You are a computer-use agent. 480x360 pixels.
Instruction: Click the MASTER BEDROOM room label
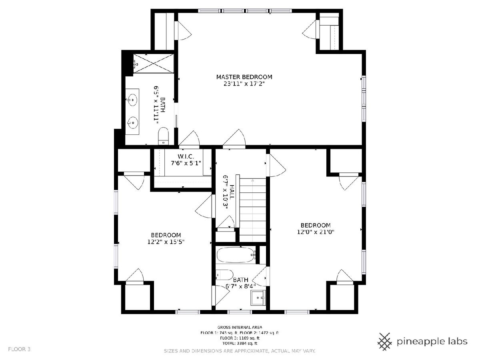[x=244, y=77]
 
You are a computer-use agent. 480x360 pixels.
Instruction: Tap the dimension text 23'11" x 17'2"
[x=244, y=84]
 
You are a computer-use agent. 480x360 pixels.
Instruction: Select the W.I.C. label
[x=186, y=156]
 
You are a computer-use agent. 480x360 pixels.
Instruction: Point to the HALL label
[x=232, y=192]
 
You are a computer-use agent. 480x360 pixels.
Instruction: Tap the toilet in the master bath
[x=164, y=136]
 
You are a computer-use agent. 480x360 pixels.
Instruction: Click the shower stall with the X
[x=154, y=63]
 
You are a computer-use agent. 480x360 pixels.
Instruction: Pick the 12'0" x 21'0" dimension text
[x=316, y=232]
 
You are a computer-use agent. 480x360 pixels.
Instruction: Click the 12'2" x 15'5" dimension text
[x=166, y=242]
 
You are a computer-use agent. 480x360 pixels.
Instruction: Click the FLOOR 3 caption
[x=19, y=349]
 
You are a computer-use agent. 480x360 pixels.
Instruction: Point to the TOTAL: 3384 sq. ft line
[x=240, y=343]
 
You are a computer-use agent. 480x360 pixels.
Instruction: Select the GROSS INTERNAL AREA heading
[x=240, y=328]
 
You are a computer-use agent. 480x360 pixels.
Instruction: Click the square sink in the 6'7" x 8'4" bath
[x=258, y=298]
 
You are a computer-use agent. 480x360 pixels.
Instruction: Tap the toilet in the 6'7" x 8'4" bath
[x=224, y=275]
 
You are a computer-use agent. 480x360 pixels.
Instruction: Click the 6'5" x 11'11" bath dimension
[x=156, y=105]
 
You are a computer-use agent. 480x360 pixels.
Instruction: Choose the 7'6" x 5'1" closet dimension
[x=186, y=163]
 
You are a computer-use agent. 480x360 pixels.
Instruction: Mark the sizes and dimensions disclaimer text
[x=240, y=351]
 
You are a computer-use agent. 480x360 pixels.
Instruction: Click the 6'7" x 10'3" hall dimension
[x=226, y=192]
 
